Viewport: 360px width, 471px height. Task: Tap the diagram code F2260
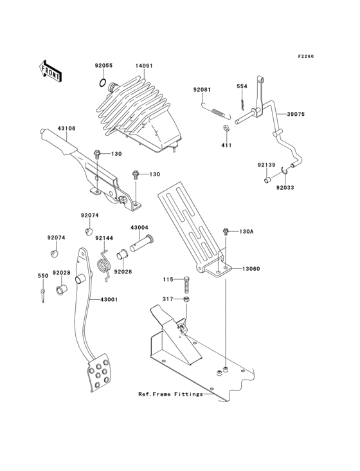tap(305, 57)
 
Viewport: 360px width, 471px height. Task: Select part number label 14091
tap(144, 66)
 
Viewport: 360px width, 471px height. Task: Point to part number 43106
tap(66, 129)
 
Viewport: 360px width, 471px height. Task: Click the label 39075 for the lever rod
tap(297, 114)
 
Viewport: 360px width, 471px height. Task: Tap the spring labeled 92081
tap(218, 113)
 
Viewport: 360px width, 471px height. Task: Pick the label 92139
tap(267, 165)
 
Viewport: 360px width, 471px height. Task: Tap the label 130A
tap(248, 232)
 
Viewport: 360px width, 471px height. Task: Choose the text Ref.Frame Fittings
tap(170, 394)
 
